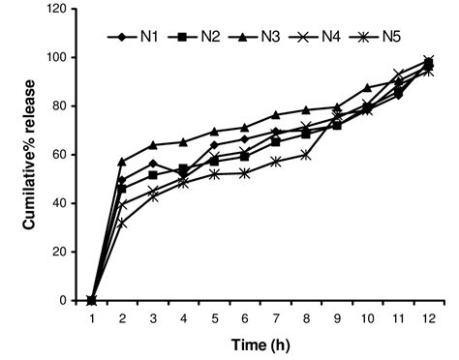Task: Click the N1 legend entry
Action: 136,37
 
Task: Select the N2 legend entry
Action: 198,37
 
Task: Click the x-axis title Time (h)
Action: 258,345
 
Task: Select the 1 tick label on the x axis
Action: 92,316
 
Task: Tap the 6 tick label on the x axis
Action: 244,316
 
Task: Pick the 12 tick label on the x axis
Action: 427,316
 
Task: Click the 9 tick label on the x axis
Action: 336,316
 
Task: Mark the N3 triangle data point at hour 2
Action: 122,162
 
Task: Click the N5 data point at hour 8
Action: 306,154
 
